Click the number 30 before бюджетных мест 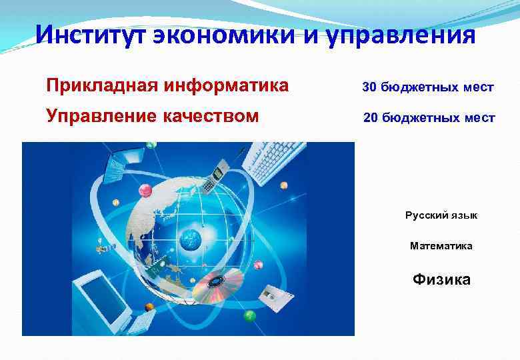(x=369, y=87)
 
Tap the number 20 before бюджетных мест (x=371, y=119)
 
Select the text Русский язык (x=441, y=215)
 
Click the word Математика (x=441, y=246)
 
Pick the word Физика (x=441, y=279)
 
